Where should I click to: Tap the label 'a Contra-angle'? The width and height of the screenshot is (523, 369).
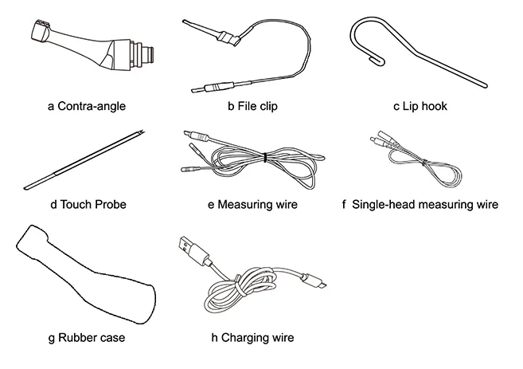click(87, 106)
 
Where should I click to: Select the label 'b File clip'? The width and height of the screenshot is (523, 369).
click(252, 106)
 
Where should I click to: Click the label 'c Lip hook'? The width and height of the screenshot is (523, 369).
click(420, 106)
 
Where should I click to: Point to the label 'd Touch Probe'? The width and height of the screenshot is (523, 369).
click(88, 204)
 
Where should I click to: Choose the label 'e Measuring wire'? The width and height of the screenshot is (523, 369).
click(252, 204)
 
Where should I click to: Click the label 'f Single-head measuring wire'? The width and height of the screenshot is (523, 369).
click(420, 204)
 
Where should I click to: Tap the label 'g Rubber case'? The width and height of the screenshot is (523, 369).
click(87, 338)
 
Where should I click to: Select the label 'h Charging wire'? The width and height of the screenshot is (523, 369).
click(252, 338)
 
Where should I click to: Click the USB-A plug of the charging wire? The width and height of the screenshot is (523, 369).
click(193, 249)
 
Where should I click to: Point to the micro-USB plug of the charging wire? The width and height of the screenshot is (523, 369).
click(314, 281)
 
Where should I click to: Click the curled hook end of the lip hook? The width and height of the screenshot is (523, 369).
click(377, 60)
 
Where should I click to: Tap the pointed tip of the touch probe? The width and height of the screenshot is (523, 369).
click(142, 131)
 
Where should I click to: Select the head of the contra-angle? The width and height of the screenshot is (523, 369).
click(41, 31)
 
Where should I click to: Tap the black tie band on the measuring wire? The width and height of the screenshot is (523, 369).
click(265, 157)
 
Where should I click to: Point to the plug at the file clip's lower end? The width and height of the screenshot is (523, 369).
click(210, 88)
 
